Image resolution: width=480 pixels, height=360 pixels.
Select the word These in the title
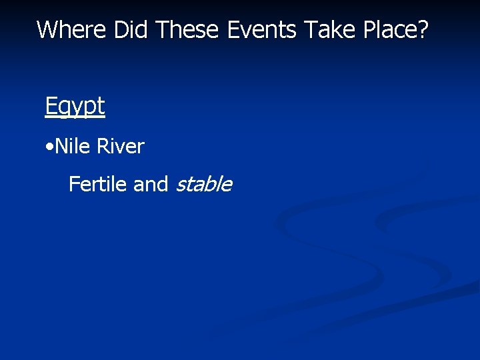coord(189,29)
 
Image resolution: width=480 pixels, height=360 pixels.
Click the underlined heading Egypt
coord(75,106)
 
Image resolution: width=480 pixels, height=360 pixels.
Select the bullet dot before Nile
coord(50,147)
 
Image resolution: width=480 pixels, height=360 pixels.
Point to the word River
coord(121,146)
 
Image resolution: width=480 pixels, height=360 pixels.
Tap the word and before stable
coord(151,183)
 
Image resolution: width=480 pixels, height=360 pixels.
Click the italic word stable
coord(203,183)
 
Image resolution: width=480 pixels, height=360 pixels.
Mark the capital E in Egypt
coord(51,105)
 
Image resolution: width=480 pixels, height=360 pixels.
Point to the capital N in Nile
coord(61,146)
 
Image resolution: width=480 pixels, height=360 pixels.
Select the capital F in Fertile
coord(73,183)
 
